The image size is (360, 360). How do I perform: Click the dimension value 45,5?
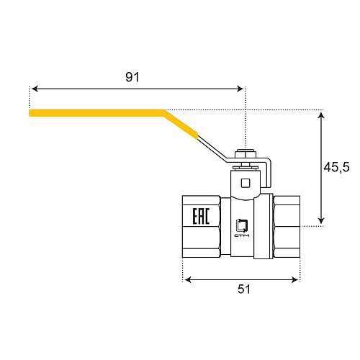[336, 167]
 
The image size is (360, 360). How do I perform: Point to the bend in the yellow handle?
[165, 113]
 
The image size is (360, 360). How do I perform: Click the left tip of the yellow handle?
[31, 112]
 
